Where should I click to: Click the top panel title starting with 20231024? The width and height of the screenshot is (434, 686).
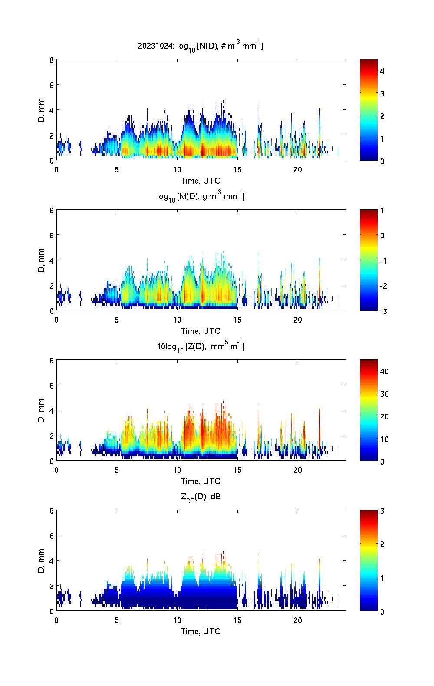pos(201,46)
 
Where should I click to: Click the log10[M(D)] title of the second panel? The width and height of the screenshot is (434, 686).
pos(201,196)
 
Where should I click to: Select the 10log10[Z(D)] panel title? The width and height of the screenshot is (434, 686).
pos(201,346)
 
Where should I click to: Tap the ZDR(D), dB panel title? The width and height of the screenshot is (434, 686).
pos(201,497)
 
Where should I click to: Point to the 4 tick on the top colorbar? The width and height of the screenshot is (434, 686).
pos(382,71)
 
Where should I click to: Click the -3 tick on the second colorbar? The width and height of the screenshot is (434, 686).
pos(382,311)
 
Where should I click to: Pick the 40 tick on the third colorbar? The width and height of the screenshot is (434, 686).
pos(384,372)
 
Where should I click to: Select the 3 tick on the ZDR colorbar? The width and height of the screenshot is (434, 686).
pos(382,511)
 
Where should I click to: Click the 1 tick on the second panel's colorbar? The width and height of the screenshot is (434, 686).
pos(382,211)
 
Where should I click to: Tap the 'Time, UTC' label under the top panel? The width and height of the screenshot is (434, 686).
pos(201,181)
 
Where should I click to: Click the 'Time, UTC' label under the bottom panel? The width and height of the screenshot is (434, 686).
pos(201,631)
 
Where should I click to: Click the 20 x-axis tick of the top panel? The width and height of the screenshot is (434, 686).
pos(297,169)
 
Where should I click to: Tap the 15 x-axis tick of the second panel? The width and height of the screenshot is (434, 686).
pos(237,320)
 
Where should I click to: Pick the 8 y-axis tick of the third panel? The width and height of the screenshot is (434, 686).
pos(52,360)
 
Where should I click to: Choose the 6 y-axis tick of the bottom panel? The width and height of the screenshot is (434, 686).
pos(52,536)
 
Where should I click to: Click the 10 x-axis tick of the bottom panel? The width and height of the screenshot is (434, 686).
pos(177,620)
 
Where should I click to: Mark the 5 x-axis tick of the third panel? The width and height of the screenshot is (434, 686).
pos(117,470)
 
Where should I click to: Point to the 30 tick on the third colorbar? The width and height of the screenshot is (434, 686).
pos(384,394)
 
